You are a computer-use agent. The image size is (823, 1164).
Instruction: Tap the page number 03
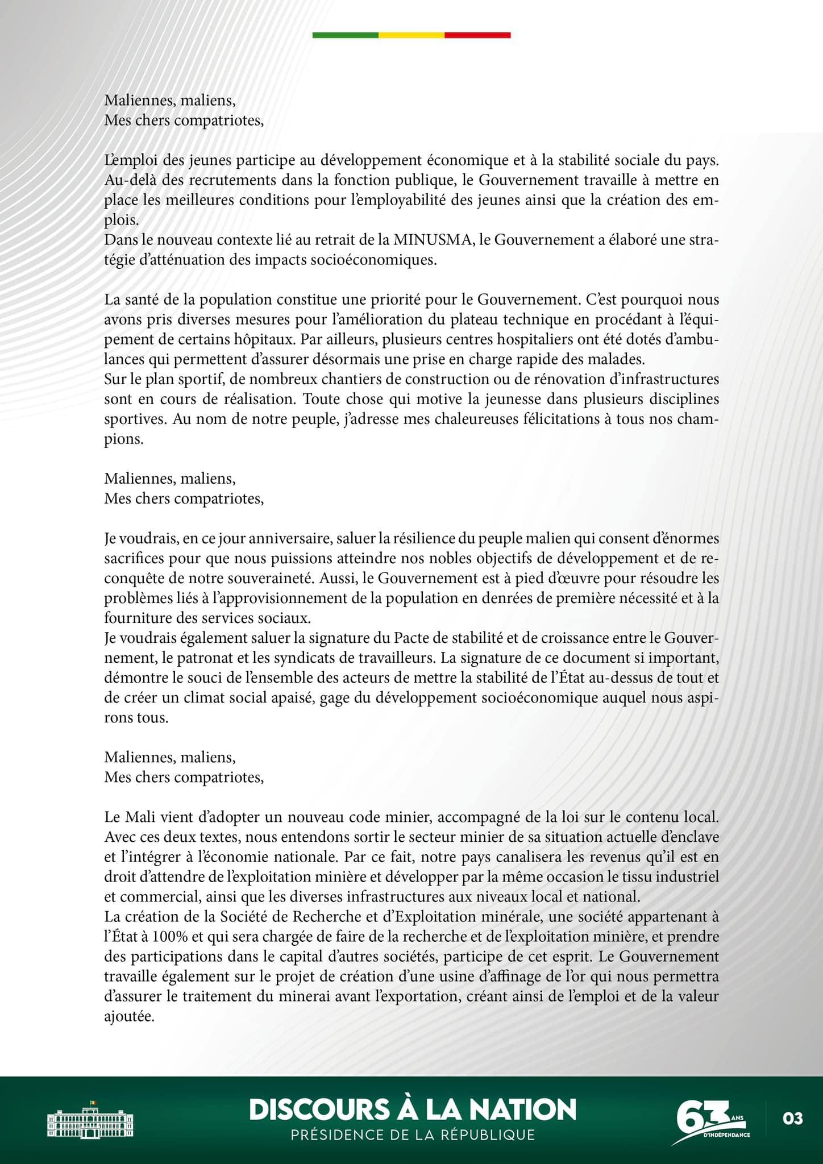[792, 1119]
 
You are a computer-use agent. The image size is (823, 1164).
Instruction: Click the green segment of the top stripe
[345, 35]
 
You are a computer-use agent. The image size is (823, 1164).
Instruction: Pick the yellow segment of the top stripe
[411, 35]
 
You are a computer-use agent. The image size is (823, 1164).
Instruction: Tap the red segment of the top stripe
[477, 35]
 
